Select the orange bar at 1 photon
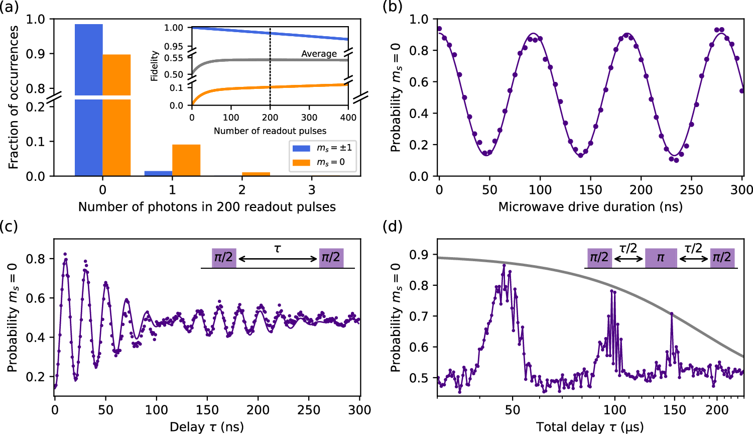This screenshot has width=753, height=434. (x=186, y=160)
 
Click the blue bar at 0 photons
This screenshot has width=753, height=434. (x=89, y=100)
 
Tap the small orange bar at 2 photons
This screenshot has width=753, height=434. (x=256, y=174)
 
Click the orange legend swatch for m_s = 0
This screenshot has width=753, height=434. (x=301, y=162)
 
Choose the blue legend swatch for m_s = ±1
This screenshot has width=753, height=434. (x=301, y=148)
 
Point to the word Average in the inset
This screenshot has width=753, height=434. (x=319, y=54)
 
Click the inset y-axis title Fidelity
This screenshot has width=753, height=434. (x=155, y=66)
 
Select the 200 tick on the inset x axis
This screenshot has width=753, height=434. (x=270, y=118)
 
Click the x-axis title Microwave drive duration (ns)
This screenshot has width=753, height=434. (x=590, y=207)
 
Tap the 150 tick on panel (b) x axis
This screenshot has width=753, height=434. (x=590, y=190)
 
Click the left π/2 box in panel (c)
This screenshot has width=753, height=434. (x=224, y=258)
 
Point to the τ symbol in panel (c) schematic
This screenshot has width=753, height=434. (x=277, y=248)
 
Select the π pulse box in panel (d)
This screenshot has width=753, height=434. (x=661, y=258)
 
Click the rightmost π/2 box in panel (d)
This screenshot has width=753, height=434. (x=722, y=258)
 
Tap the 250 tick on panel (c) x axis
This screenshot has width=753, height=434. (x=308, y=410)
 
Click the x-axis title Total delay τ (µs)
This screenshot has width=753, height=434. (x=590, y=427)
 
